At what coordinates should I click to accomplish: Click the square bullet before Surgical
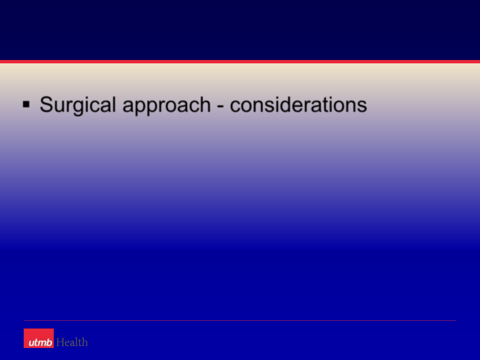26,104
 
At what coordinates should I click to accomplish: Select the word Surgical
78,106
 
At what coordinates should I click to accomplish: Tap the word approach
167,106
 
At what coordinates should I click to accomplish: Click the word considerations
298,105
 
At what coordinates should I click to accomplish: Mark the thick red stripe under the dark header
240,62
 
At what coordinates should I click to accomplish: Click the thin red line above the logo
240,320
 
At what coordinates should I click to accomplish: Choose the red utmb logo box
39,338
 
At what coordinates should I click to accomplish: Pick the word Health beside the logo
72,342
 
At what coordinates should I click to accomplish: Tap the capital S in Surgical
46,104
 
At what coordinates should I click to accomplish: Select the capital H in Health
61,342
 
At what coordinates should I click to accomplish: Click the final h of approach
205,105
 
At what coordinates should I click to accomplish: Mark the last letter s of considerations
362,107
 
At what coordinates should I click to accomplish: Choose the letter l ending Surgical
114,105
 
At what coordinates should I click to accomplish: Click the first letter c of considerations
236,107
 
